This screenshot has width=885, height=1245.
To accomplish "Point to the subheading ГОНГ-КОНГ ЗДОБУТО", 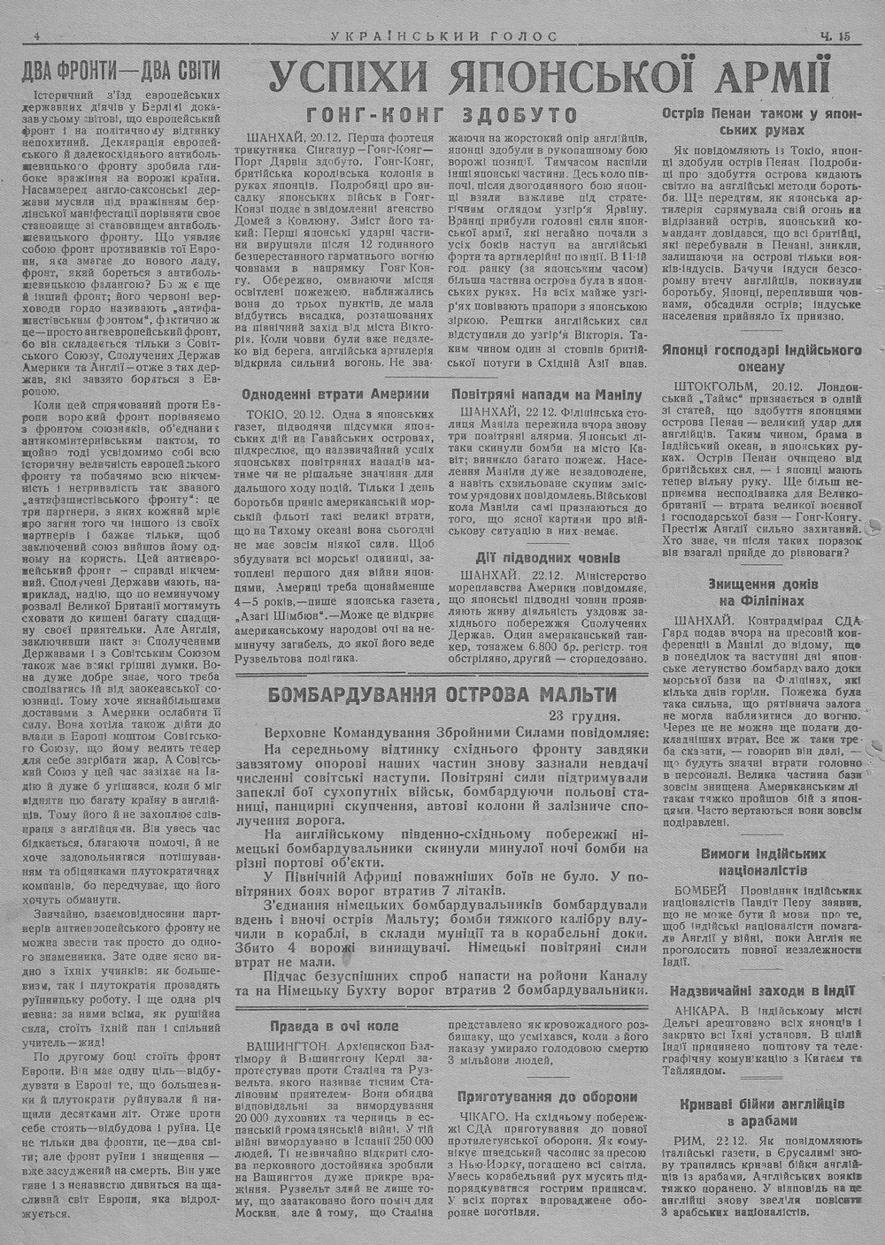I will click(442, 115).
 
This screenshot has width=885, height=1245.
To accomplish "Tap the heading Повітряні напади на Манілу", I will click(546, 394).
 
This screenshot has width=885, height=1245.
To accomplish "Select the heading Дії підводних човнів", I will click(546, 558).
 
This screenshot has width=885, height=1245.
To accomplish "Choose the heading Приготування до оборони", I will click(547, 1096).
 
